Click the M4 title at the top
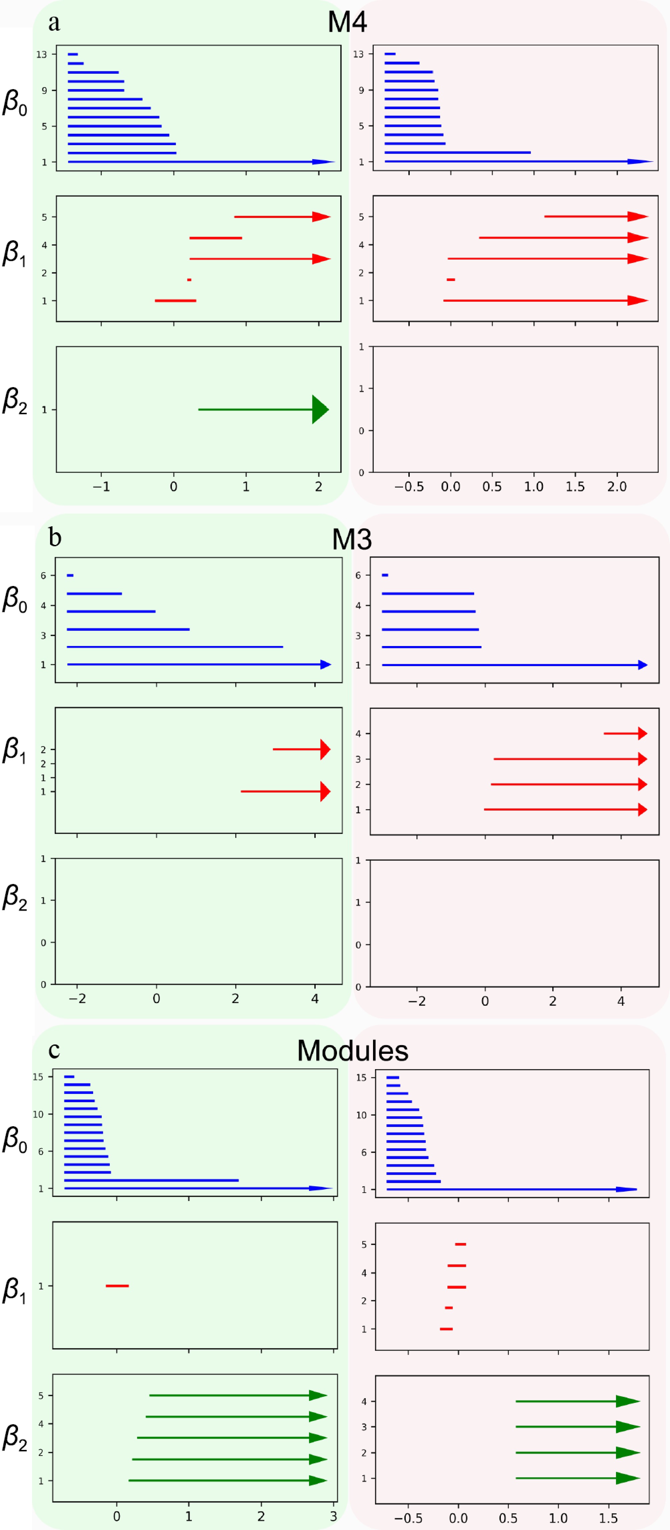click(347, 22)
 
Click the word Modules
click(352, 1051)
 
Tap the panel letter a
click(54, 23)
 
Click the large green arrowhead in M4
click(320, 409)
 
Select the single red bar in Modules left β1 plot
click(117, 1286)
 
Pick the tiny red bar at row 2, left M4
click(189, 280)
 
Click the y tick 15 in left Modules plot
click(38, 1077)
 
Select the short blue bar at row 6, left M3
click(70, 575)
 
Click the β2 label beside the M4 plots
click(15, 401)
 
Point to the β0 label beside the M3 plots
click(15, 600)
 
